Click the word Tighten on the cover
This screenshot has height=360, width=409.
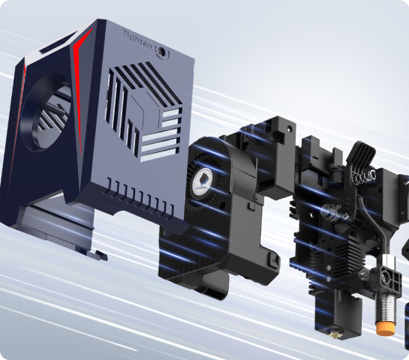coord(137,40)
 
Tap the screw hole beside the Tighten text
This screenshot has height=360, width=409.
coord(163,52)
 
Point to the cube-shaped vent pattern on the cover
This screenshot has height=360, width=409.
coord(143,111)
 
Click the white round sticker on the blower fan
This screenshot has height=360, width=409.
coord(203,180)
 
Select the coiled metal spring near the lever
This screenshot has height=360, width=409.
coord(364,176)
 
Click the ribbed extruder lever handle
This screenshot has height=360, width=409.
coord(361,154)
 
